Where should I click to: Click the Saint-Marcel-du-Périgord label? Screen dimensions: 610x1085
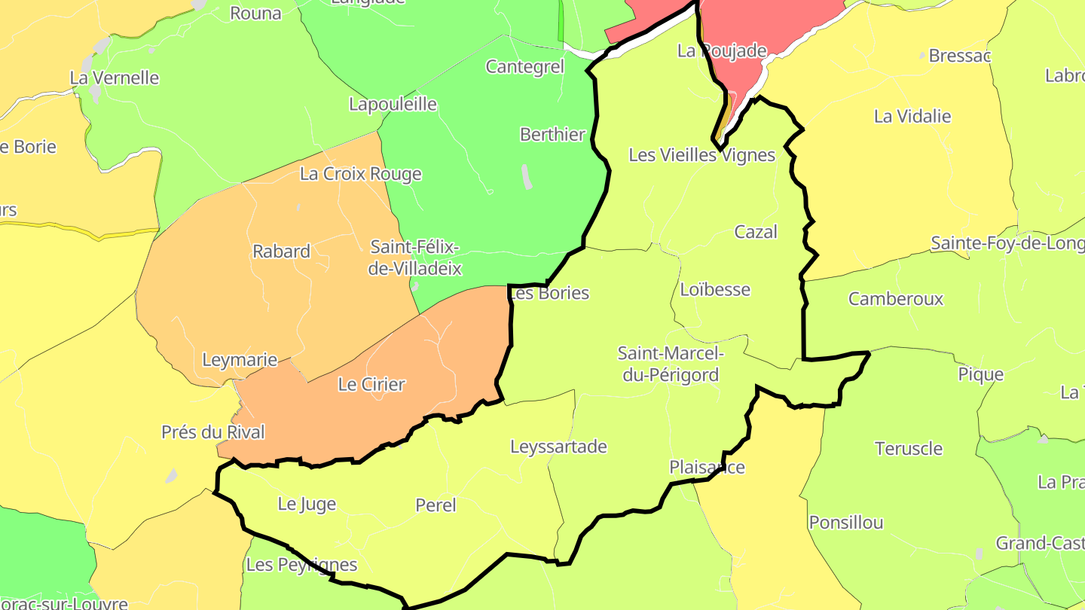[671, 364]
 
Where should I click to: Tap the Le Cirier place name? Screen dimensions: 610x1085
[371, 384]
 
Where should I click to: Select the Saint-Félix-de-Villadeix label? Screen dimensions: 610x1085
[414, 258]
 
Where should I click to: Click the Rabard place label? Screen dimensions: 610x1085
[281, 252]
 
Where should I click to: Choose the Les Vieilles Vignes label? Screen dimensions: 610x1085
[701, 155]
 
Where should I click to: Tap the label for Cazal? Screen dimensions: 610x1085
[755, 232]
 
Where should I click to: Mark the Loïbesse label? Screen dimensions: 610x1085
[714, 289]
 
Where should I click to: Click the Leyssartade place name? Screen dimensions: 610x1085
[558, 447]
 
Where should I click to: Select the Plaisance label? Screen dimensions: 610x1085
[707, 468]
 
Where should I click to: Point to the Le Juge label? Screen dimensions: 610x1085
[307, 504]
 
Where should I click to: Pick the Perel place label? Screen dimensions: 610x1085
[436, 505]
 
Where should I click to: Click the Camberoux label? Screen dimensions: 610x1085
[895, 299]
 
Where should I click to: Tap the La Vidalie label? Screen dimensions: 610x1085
[912, 117]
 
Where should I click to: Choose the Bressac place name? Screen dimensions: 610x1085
[959, 56]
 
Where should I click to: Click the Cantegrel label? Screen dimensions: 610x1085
[524, 67]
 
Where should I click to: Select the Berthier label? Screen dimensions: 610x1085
[552, 135]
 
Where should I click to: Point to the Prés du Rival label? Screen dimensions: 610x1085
[213, 432]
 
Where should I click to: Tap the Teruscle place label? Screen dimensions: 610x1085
[908, 449]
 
